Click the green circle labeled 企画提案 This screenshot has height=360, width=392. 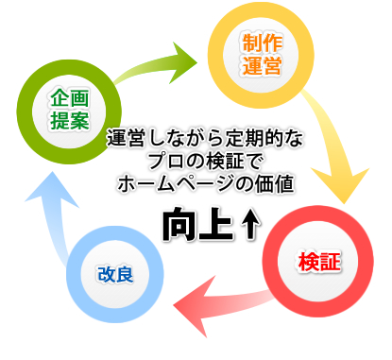coord(68,109)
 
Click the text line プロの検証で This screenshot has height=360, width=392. coord(204,160)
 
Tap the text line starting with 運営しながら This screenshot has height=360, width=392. coord(204,139)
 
